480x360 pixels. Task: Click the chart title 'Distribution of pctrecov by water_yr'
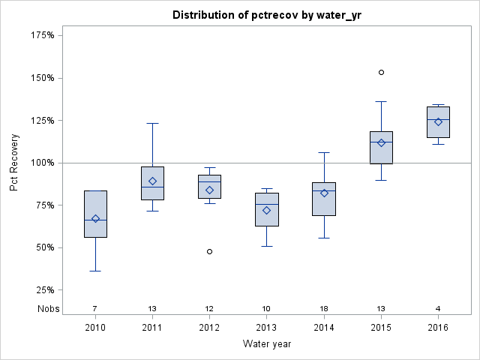point(266,15)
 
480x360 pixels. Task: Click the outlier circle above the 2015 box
point(381,73)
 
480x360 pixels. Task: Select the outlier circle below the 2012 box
point(209,251)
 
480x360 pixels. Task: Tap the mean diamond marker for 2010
point(95,219)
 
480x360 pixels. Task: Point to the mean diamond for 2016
point(438,121)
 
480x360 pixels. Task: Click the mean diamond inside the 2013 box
point(266,210)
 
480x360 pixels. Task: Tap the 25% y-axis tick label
point(44,290)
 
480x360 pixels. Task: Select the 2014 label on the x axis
point(324,328)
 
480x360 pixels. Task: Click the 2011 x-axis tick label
point(152,328)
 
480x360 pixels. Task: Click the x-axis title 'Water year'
point(266,344)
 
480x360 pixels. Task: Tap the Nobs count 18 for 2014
point(324,308)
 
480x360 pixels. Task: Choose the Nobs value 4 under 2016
point(438,308)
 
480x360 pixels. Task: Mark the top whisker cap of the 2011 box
point(152,123)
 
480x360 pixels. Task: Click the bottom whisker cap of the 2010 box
point(95,271)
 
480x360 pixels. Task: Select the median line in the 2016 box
point(438,119)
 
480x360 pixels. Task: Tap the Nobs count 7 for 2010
point(95,308)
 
